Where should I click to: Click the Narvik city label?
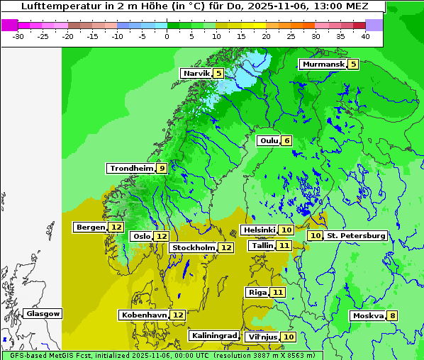coord(196,73)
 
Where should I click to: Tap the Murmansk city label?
coord(323,64)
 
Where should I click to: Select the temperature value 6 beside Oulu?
coord(286,140)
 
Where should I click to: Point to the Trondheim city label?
coord(131,168)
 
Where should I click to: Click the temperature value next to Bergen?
coord(116,227)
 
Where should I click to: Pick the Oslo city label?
coord(142,236)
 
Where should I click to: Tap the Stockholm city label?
coord(194,247)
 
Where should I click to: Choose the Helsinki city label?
coord(259,230)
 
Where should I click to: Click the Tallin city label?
coord(262,245)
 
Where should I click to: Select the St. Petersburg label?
coord(356,235)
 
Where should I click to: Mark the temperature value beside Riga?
coord(278,292)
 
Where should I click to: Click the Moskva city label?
coord(368,315)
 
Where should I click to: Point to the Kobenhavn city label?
coord(144,315)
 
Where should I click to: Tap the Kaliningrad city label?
coord(213,335)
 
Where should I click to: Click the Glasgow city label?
coord(43,313)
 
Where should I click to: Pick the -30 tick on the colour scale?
coord(18,35)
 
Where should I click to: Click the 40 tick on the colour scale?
coord(364,35)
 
